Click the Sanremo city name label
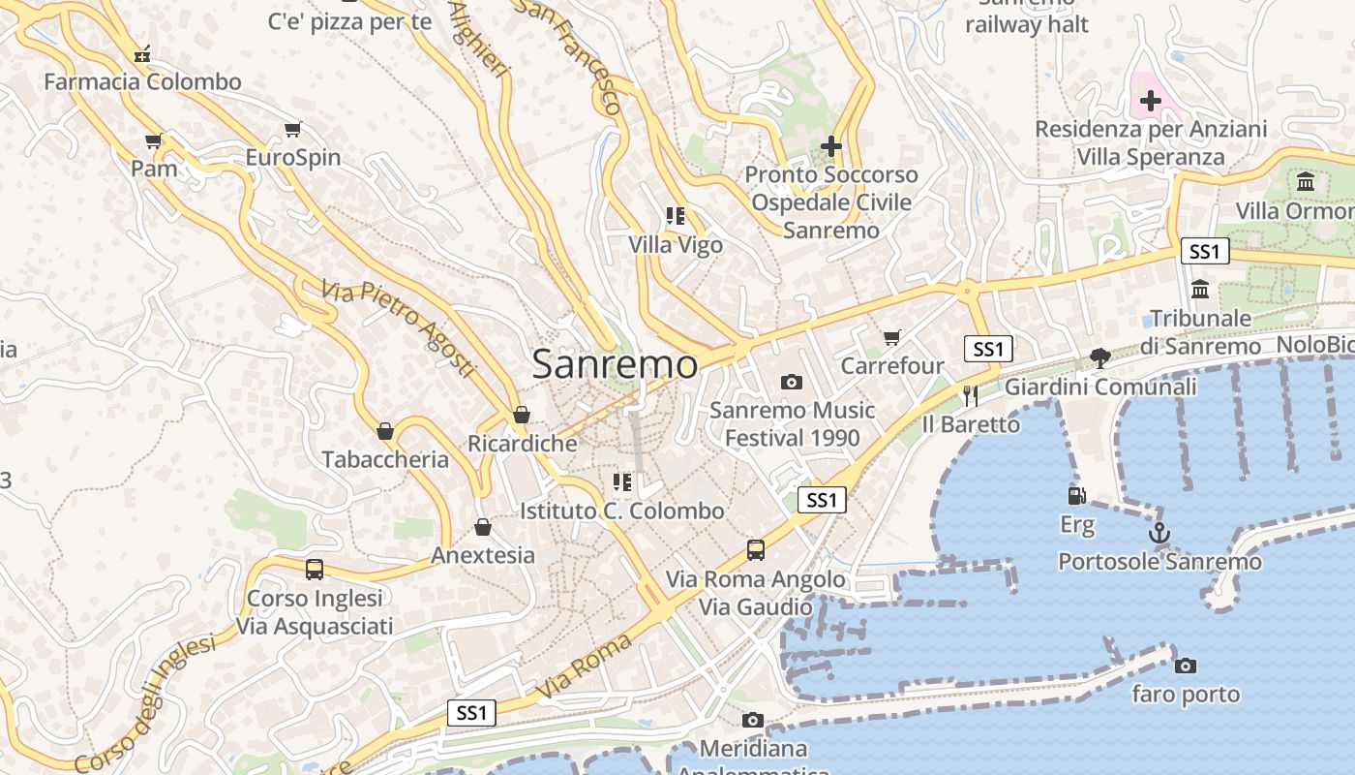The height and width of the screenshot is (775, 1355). [615, 364]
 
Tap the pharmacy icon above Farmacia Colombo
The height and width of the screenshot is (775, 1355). [142, 53]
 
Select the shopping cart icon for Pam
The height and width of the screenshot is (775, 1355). [153, 141]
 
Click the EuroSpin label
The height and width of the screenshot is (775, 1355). [292, 157]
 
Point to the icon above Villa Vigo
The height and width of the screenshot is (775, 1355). [676, 216]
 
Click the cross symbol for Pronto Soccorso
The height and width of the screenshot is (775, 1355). [830, 146]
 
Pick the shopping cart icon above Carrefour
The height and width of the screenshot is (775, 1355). [891, 338]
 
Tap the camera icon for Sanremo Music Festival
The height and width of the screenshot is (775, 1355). [791, 382]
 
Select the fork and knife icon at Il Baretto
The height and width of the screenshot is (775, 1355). [971, 395]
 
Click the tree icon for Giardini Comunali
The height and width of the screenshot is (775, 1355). [1099, 358]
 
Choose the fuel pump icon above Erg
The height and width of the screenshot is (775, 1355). [1076, 496]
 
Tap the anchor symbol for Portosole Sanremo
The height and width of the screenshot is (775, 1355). [1159, 533]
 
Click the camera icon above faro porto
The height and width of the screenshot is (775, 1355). [1185, 666]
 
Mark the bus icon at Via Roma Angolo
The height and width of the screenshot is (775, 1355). [756, 550]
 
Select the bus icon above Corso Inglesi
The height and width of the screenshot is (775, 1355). [315, 570]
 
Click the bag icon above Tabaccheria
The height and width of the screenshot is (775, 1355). [385, 431]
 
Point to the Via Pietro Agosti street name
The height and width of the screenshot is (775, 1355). [398, 329]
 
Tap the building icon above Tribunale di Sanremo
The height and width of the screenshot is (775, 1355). [1200, 289]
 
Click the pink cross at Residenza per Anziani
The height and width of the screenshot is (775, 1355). [1150, 100]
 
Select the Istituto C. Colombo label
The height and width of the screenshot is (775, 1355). [621, 511]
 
